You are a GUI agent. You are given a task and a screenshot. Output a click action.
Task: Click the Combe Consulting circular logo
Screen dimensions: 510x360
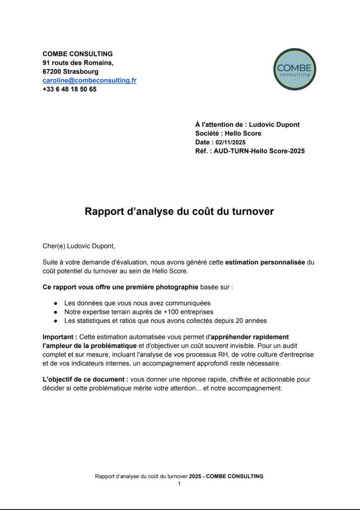(295, 69)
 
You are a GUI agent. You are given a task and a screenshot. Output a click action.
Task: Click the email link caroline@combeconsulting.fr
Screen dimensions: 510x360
(90, 80)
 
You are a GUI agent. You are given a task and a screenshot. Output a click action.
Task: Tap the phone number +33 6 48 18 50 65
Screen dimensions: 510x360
(70, 89)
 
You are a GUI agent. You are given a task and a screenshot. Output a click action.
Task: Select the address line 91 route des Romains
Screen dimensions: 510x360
(78, 63)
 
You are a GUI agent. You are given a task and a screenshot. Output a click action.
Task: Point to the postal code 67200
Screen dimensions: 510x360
(52, 72)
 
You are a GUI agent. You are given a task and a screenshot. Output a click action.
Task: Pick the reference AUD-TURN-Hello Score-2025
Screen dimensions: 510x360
(259, 151)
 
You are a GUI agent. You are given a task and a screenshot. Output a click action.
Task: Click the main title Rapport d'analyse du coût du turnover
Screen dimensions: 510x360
(179, 211)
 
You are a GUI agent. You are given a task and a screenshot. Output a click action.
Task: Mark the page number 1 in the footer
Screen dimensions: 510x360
(179, 483)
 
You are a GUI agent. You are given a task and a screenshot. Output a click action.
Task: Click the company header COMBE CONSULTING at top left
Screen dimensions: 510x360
(78, 54)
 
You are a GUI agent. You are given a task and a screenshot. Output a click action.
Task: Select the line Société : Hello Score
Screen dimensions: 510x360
(228, 133)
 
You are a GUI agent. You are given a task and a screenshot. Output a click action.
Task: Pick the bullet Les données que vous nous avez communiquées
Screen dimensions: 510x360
(137, 303)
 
